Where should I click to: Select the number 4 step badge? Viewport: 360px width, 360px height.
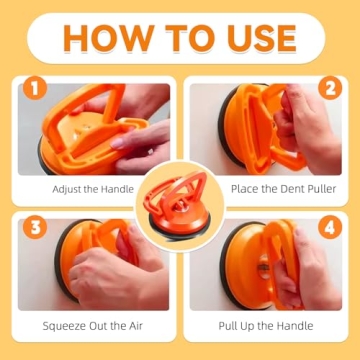click(x=329, y=226)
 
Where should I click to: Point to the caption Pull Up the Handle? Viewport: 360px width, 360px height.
click(x=266, y=326)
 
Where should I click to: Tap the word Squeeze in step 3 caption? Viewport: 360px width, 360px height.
click(x=66, y=326)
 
